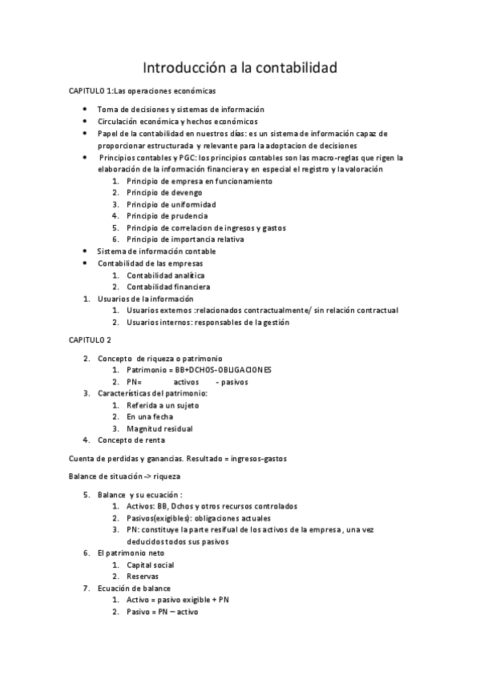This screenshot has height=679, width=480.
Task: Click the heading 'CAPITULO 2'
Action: click(90, 340)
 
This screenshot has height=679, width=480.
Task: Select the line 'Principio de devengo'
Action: click(165, 193)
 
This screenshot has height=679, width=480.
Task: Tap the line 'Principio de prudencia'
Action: click(167, 216)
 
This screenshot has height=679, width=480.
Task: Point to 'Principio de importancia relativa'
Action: click(185, 239)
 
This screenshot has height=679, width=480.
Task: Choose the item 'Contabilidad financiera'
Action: click(167, 287)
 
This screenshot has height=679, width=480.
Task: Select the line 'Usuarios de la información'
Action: click(145, 299)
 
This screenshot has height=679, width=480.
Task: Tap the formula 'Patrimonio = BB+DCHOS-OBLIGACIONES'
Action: click(199, 370)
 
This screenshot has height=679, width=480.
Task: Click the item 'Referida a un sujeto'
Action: click(163, 405)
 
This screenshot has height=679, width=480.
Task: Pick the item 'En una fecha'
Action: click(150, 417)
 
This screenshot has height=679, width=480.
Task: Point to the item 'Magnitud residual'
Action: click(159, 429)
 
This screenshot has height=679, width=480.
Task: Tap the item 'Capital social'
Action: click(151, 564)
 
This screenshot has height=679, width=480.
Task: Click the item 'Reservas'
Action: click(143, 577)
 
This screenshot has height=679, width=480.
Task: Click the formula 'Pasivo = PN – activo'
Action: click(162, 612)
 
